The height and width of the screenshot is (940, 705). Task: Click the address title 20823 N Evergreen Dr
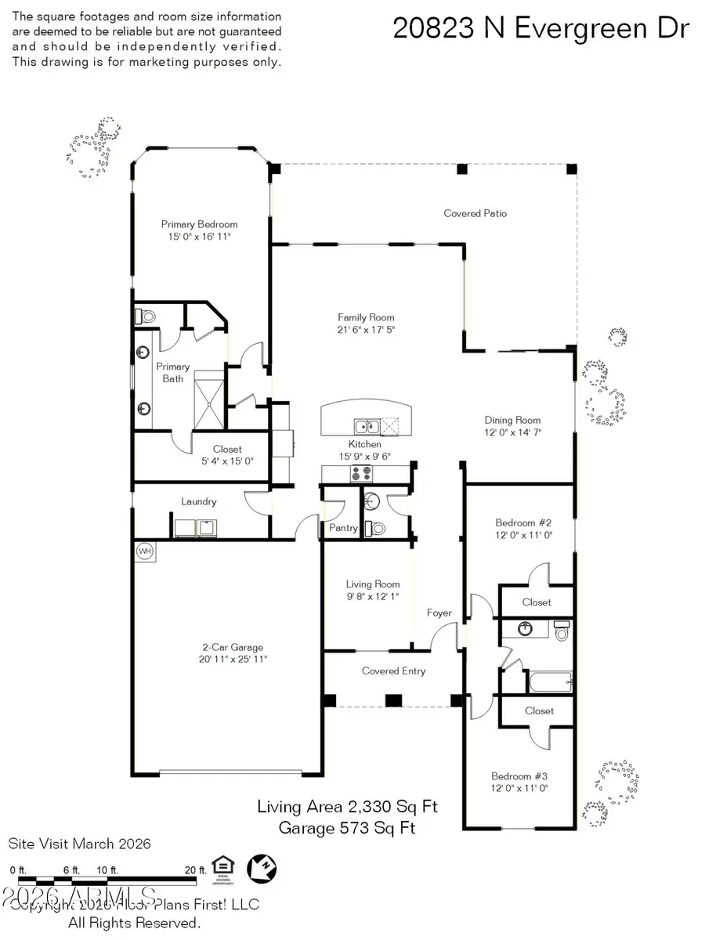pos(540,28)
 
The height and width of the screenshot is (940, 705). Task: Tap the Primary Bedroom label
pos(199,224)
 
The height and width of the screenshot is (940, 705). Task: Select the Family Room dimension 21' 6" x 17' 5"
pos(366,330)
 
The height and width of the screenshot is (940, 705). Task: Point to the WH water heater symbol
pos(145,551)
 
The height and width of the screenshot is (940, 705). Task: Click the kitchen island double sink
pos(366,427)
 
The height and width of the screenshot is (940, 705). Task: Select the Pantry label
pos(343,528)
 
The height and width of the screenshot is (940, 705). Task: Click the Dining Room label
pos(513,420)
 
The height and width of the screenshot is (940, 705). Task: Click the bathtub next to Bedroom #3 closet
pos(551,681)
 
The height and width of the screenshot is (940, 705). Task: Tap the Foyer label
pos(439,613)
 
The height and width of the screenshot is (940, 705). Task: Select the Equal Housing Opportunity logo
pos(222,868)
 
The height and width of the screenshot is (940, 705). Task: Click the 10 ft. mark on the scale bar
pos(107,870)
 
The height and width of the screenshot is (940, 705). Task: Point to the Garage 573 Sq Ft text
pos(347,828)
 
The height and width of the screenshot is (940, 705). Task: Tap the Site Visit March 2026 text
pos(79,844)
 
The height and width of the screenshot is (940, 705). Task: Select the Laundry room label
pos(198,501)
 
